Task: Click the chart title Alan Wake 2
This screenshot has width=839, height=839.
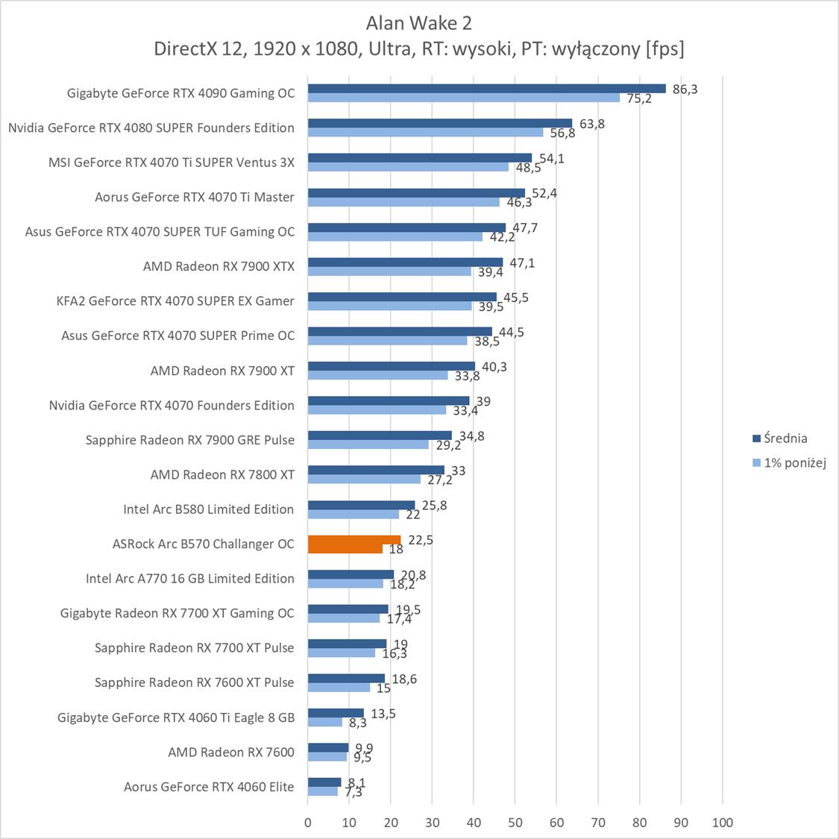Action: [x=419, y=23]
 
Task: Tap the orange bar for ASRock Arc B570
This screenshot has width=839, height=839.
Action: [x=354, y=540]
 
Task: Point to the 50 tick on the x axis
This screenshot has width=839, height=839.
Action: [x=515, y=823]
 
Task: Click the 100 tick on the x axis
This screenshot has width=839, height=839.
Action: [x=722, y=823]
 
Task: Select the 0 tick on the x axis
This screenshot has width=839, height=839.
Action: [x=308, y=823]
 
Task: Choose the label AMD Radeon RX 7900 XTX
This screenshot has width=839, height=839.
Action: [x=219, y=266]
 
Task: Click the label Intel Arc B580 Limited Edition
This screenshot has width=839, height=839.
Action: [x=208, y=509]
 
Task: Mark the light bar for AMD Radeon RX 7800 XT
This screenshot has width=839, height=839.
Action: [x=364, y=479]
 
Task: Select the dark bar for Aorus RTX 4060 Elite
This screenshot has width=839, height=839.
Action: [x=324, y=782]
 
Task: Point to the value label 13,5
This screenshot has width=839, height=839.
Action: [x=383, y=714]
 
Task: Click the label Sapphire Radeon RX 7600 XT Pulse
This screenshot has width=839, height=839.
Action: [x=194, y=682]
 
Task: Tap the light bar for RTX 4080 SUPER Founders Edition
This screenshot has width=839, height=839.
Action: [x=425, y=133]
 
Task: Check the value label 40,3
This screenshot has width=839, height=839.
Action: [x=494, y=366]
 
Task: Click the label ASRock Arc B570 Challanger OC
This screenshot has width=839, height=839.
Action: [x=203, y=544]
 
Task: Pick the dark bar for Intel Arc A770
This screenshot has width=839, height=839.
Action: [x=351, y=574]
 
